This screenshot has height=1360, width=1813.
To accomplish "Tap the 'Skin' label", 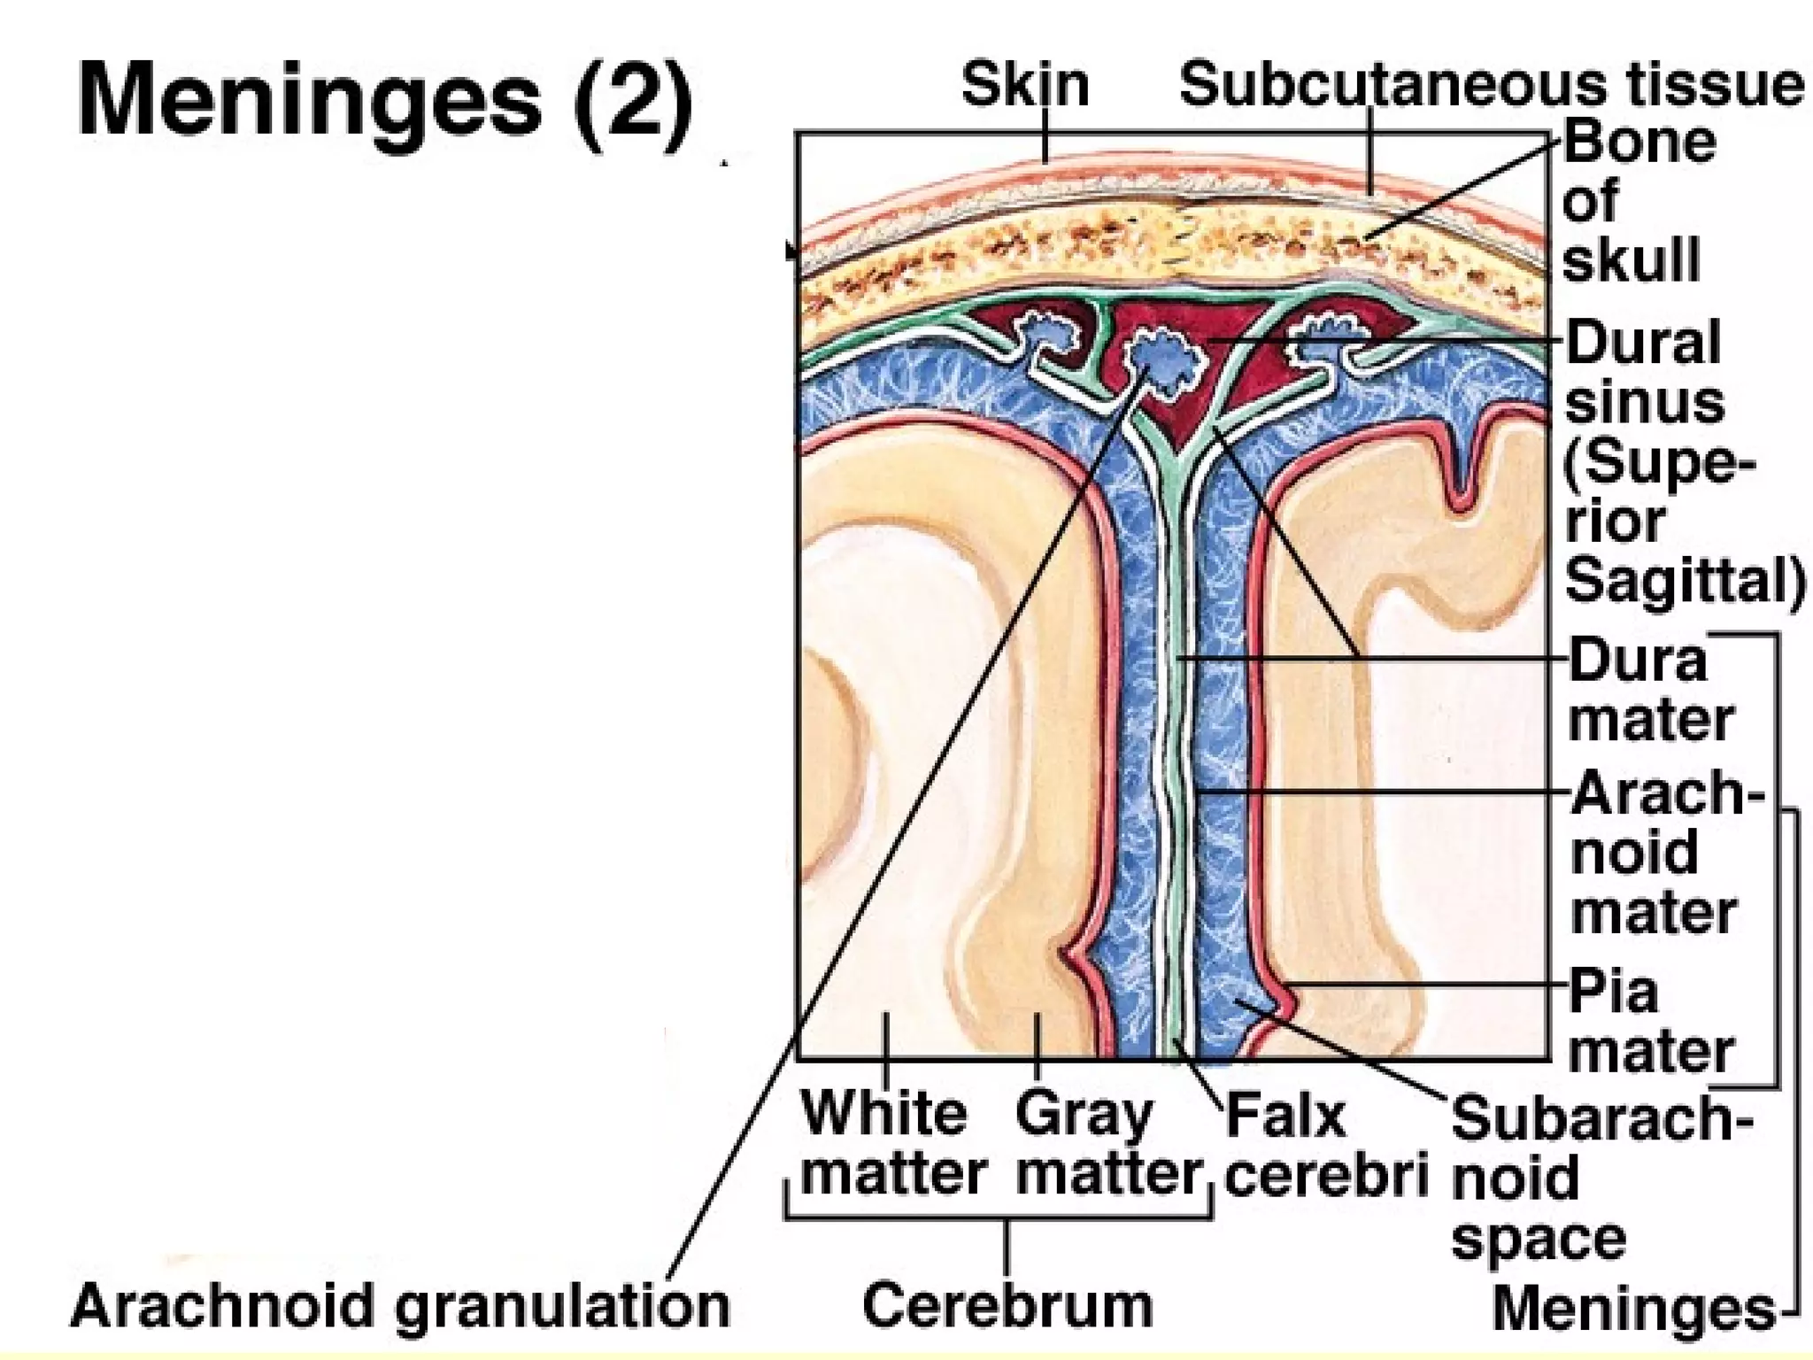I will [1024, 86].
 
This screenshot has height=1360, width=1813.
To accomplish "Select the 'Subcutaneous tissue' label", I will [1491, 86].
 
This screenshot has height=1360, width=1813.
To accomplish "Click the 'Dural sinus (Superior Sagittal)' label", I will [1664, 461].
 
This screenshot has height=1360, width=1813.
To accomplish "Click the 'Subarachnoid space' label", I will [1585, 1178].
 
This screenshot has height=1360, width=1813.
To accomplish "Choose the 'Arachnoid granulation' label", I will [400, 1306].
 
